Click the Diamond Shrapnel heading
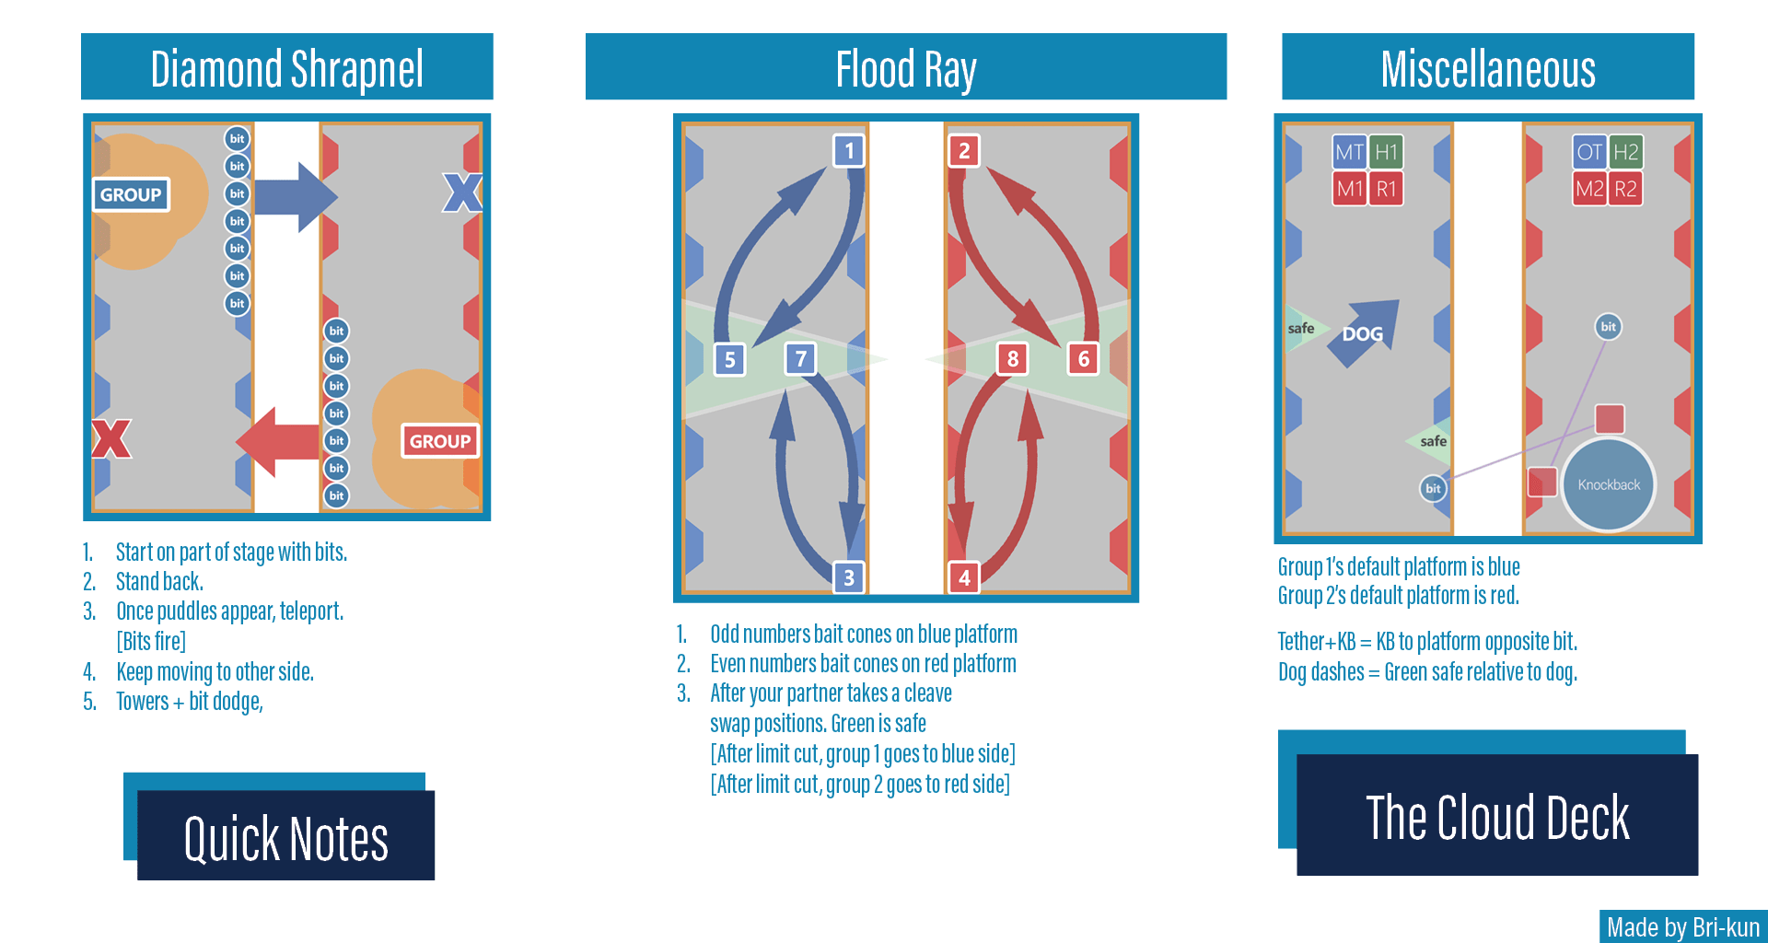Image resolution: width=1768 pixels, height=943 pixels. [286, 68]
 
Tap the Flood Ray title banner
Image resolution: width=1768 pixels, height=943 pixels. [905, 68]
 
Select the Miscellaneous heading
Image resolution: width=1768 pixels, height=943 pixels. [1487, 68]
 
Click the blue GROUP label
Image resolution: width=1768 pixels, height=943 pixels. [131, 194]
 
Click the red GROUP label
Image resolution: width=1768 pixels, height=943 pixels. [439, 441]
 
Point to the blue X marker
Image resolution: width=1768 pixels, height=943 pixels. [462, 192]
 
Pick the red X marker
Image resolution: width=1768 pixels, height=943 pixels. [111, 438]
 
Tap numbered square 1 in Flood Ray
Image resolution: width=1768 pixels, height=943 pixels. [849, 151]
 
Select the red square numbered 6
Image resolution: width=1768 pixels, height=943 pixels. [1083, 358]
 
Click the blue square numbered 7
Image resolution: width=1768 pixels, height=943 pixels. [800, 358]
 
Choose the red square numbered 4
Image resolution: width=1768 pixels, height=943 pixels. [964, 577]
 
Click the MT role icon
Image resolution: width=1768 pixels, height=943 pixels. [1349, 152]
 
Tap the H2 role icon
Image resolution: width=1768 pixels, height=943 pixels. [1625, 152]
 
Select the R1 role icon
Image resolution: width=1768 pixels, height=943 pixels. [1386, 189]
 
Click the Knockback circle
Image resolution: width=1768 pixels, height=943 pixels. [1609, 484]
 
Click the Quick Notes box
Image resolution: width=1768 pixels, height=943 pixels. [285, 836]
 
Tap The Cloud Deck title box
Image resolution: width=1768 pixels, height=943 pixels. [1496, 815]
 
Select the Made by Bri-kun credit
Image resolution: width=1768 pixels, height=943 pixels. [1682, 926]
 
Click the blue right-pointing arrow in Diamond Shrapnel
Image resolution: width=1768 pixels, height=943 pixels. [296, 196]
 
